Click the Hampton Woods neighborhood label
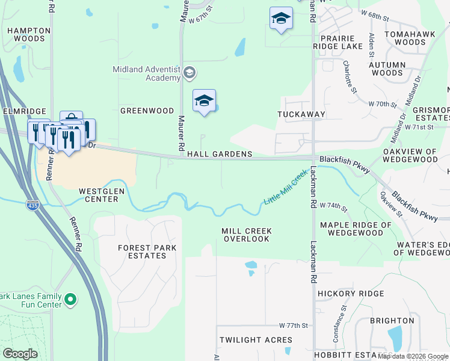pos(26,34)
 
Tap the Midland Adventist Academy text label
pos(147,73)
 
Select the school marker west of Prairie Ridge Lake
pos(281,19)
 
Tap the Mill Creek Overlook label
pos(247,235)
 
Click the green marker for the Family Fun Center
pos(71,299)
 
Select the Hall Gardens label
pos(220,154)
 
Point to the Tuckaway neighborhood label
pos(301,114)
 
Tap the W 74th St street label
pos(334,206)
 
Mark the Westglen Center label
pos(99,195)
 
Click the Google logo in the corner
pos(20,354)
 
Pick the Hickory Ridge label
pos(359,294)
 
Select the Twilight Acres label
pos(256,340)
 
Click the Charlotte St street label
pos(350,76)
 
